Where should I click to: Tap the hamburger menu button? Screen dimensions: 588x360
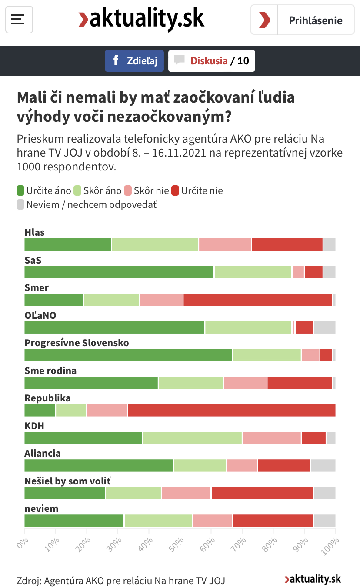click(x=18, y=19)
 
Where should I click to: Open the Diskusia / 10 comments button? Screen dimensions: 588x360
click(x=212, y=61)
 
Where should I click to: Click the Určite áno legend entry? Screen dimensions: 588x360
click(x=43, y=190)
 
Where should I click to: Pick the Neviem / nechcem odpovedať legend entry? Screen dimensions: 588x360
click(x=86, y=204)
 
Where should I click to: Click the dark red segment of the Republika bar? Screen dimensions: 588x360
click(x=231, y=410)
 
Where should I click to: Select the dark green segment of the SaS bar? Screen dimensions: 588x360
click(x=119, y=272)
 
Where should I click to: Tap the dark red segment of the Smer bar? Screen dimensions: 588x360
click(x=257, y=300)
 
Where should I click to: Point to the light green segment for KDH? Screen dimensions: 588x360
click(x=192, y=438)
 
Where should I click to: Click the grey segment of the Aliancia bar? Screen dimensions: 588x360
click(x=323, y=465)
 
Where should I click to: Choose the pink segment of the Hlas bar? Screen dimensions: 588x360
click(x=225, y=244)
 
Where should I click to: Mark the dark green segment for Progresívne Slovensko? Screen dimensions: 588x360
click(x=129, y=355)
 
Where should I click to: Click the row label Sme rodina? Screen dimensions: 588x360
click(x=50, y=371)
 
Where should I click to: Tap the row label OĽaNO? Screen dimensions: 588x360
click(x=40, y=315)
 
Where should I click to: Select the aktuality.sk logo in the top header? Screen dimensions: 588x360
click(x=141, y=19)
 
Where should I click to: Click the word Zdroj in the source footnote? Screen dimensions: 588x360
click(x=28, y=580)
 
